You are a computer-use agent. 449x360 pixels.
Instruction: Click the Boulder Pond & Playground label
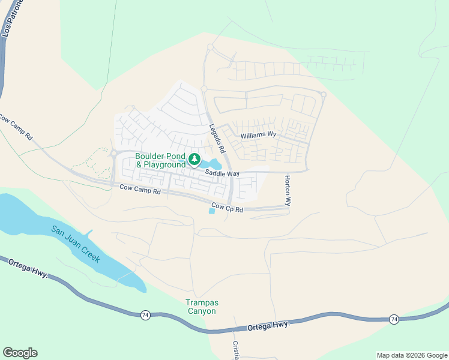point(161,160)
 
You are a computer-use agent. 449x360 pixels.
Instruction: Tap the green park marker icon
point(194,159)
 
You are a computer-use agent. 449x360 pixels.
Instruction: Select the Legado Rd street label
point(217,137)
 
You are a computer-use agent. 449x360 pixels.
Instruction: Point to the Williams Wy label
point(258,136)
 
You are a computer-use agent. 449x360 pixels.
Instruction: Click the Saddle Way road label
point(222,173)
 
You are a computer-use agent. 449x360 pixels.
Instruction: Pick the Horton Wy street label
point(288,191)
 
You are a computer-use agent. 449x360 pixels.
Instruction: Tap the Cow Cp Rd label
point(227,209)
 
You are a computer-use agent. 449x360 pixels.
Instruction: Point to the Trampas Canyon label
point(200,307)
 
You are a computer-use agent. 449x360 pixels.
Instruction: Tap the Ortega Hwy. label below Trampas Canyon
point(269,325)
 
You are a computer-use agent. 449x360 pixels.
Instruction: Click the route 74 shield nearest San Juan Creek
point(145,314)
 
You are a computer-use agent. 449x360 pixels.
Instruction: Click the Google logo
point(20,353)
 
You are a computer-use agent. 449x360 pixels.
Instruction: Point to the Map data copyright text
point(412,355)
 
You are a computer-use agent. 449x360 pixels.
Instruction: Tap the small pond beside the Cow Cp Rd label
point(211,211)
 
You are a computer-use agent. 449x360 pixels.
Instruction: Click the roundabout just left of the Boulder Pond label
point(113,153)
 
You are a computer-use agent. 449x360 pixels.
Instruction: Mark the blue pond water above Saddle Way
point(211,164)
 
